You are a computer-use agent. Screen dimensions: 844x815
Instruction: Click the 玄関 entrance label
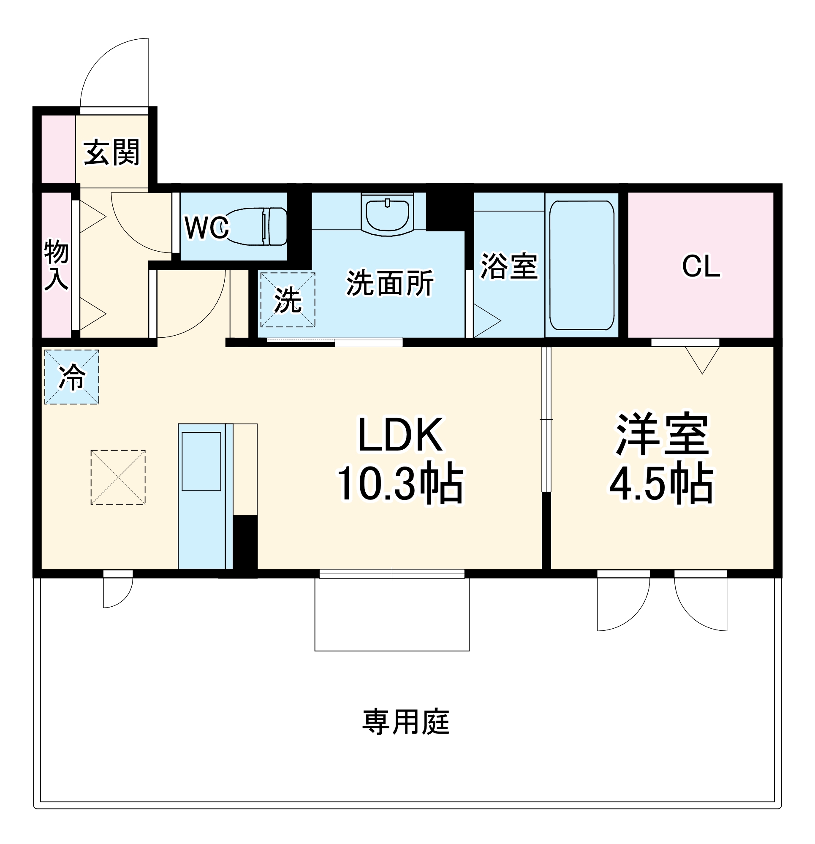pyautogui.click(x=111, y=152)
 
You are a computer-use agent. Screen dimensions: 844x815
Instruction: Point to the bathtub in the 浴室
pyautogui.click(x=581, y=265)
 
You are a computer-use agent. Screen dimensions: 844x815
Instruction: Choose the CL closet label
pyautogui.click(x=701, y=266)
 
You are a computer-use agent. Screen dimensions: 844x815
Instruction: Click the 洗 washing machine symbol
pyautogui.click(x=287, y=300)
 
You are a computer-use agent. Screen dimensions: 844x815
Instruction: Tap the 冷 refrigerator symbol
pyautogui.click(x=71, y=377)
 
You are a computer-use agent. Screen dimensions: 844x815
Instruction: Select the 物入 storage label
pyautogui.click(x=57, y=264)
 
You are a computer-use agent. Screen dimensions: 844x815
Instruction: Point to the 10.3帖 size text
pyautogui.click(x=400, y=484)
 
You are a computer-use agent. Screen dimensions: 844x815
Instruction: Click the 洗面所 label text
pyautogui.click(x=390, y=283)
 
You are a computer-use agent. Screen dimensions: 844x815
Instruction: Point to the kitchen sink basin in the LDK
pyautogui.click(x=201, y=461)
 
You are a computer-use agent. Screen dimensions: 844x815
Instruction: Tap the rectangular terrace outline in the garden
pyautogui.click(x=391, y=614)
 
